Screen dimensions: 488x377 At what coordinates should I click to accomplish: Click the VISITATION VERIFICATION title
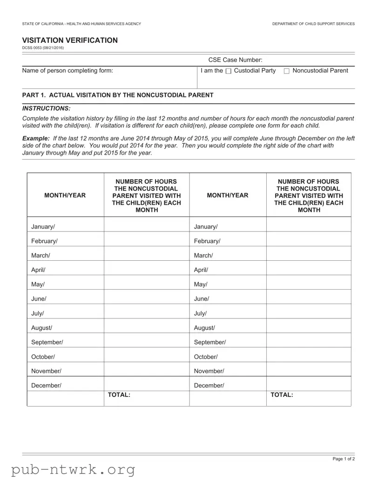70,41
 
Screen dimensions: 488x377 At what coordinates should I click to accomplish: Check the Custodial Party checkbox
228,71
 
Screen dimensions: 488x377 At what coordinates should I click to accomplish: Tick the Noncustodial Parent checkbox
286,71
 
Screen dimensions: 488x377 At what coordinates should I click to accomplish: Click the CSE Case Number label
235,60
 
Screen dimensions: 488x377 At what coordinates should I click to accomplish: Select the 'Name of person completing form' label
67,71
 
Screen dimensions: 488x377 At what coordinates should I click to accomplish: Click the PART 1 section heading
118,95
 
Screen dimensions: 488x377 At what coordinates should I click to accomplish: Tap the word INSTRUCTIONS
47,108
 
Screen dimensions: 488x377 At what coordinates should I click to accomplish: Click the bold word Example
36,138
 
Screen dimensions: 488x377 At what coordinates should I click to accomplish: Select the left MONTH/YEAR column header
65,196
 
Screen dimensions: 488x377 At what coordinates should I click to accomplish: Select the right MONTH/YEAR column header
228,196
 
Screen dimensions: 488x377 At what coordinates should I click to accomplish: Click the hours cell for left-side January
147,227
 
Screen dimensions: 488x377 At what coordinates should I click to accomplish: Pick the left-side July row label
38,313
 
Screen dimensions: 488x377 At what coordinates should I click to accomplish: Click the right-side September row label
209,342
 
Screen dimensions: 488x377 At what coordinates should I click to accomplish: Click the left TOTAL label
119,395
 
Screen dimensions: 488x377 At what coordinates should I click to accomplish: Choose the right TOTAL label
282,395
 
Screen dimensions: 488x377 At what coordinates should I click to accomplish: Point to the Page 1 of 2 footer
343,459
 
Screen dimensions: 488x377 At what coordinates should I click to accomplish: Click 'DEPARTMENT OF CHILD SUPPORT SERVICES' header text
313,24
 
